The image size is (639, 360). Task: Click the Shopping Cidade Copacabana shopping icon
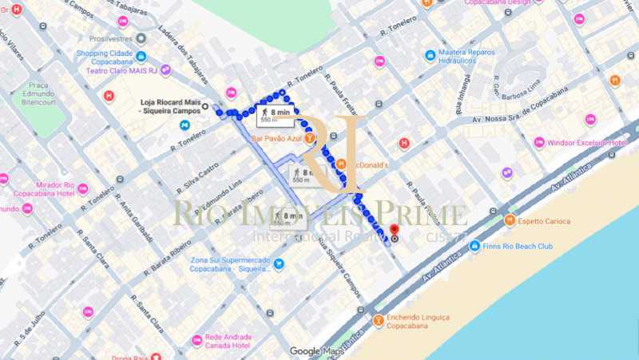(x=141, y=57)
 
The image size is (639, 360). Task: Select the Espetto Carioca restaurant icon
(x=510, y=220)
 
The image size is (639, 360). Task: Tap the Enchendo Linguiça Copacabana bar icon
(x=378, y=321)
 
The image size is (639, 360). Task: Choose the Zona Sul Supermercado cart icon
(x=279, y=263)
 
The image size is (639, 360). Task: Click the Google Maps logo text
(x=316, y=351)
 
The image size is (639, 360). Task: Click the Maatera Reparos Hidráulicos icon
(x=431, y=56)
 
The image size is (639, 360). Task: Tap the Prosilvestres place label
(x=112, y=38)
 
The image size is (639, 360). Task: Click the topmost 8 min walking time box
(x=275, y=116)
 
